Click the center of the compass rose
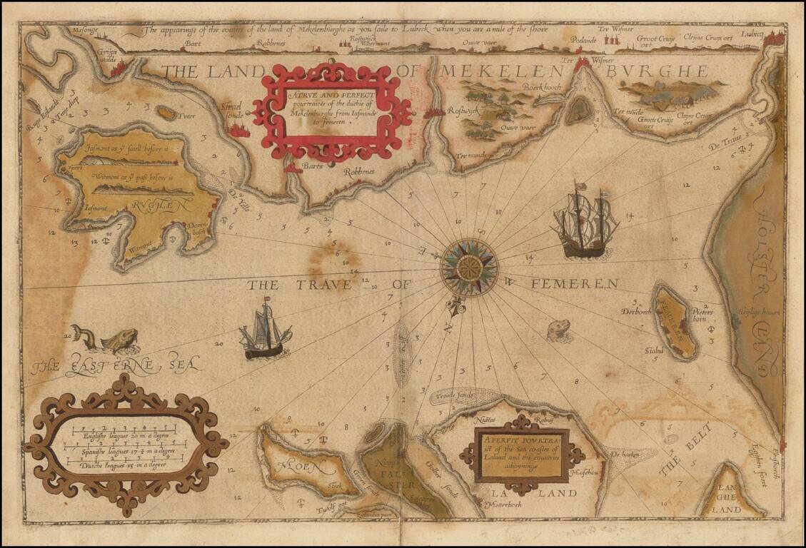pos(469,268)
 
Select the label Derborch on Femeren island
pos(637,312)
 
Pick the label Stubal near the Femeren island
pos(653,350)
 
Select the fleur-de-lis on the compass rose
pos(451,308)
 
